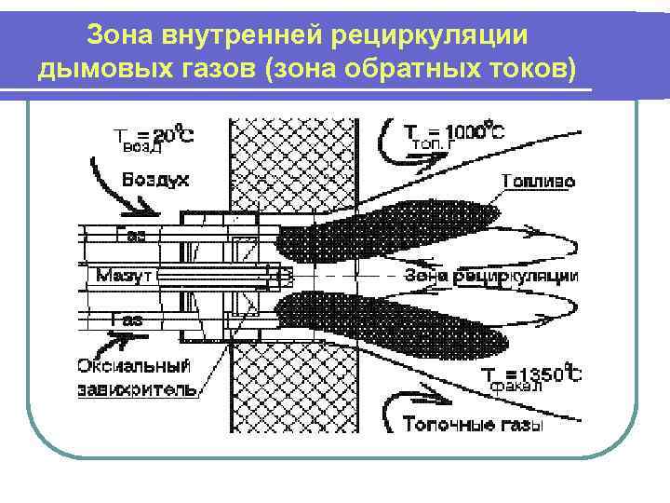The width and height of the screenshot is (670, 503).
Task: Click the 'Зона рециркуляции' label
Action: pos(491,276)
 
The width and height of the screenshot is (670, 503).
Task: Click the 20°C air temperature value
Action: pos(175,133)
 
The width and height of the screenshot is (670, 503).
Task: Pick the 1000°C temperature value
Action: pos(473,131)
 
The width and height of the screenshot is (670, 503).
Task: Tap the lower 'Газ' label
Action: pos(127,319)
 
